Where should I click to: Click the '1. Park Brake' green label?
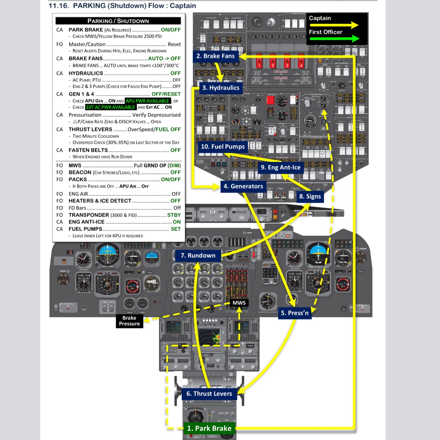[x=209, y=428]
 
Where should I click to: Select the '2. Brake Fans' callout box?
[x=215, y=56]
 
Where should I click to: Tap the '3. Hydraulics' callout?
[x=221, y=88]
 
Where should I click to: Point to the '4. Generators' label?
[x=243, y=186]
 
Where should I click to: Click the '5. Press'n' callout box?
[x=295, y=313]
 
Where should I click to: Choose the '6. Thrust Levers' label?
[x=209, y=393]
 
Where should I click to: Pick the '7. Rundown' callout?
[x=198, y=255]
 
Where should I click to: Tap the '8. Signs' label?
[x=310, y=197]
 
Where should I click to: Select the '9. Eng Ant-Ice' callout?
[x=281, y=168]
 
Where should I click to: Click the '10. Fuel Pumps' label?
[x=223, y=146]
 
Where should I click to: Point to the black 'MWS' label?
[x=239, y=303]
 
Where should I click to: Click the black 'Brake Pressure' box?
[x=129, y=321]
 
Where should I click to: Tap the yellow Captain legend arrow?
[x=333, y=25]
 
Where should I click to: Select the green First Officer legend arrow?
[x=333, y=39]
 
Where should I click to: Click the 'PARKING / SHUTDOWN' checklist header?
[x=118, y=21]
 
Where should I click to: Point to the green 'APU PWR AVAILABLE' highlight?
[x=147, y=101]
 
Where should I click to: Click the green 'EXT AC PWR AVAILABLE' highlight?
[x=110, y=107]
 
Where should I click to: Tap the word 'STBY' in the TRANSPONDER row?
[x=174, y=215]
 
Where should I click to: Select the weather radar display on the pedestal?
[x=209, y=336]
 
